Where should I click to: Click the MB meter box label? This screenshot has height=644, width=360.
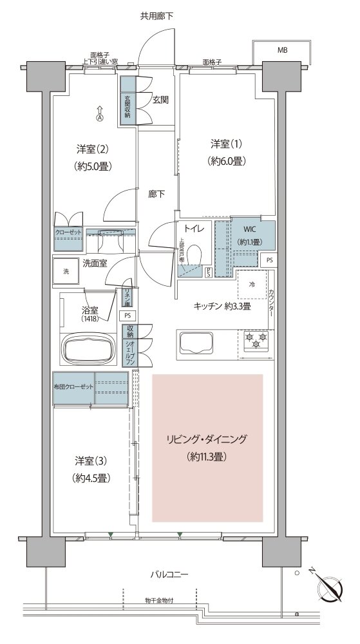[x=283, y=50]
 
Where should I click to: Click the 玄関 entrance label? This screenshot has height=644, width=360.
[x=161, y=100]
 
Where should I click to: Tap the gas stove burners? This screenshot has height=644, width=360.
[x=256, y=341]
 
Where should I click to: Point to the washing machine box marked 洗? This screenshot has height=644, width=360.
[x=66, y=271]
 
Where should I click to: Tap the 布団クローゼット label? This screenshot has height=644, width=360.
[x=73, y=386]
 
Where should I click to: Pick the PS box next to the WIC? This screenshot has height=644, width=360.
[x=269, y=260]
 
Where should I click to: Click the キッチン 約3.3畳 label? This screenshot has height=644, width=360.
[x=222, y=307]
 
